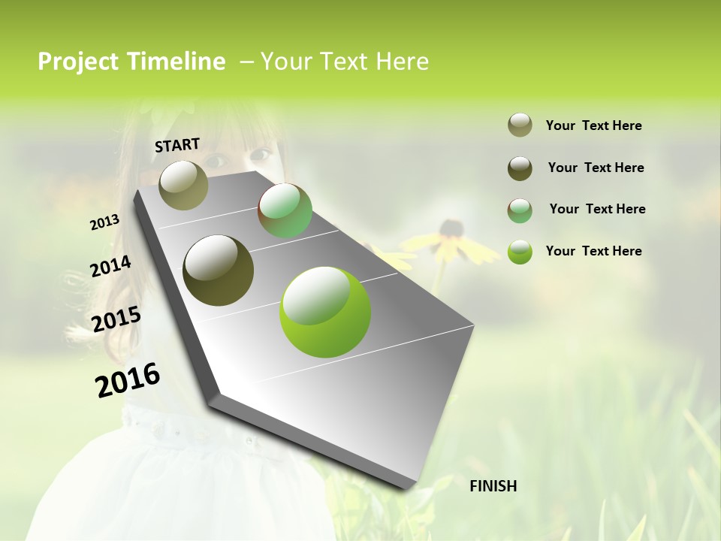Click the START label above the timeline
177,144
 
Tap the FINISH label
493,486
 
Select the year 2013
104,222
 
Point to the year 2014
110,267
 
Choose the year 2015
116,319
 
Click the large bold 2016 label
128,379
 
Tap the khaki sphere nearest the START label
183,185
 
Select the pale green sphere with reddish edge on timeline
285,210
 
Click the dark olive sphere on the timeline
218,270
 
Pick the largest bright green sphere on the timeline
325,312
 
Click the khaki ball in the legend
520,125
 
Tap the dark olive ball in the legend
520,168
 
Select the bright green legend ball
520,251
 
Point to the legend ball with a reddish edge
520,210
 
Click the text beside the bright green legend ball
593,251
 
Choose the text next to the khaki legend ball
593,125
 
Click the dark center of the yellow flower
451,227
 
